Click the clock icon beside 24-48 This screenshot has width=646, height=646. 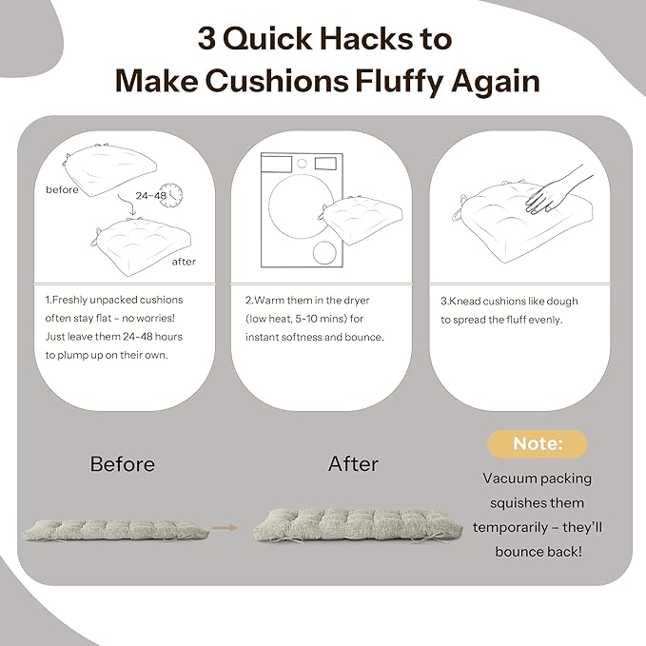tap(170, 195)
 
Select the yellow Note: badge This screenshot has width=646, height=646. tap(538, 443)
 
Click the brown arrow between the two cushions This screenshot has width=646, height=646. tap(225, 527)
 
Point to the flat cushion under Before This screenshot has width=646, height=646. tap(115, 530)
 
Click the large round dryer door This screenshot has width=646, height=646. tap(302, 206)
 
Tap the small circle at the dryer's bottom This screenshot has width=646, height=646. tap(324, 252)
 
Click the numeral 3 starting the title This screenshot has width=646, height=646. tap(206, 39)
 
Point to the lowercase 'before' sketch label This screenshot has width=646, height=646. tap(62, 189)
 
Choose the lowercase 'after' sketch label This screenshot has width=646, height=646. tap(184, 262)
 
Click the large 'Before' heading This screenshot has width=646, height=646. tap(123, 464)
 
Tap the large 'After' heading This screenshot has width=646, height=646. tap(353, 464)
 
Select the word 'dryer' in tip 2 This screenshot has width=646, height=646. tap(357, 301)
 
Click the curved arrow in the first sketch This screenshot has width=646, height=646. tap(127, 204)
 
